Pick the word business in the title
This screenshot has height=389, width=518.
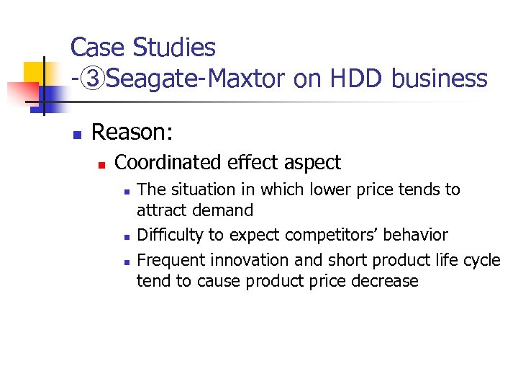click(x=440, y=79)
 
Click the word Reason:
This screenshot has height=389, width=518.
click(x=129, y=133)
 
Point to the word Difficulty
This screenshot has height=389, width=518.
click(x=171, y=236)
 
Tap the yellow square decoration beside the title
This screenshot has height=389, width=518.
click(x=35, y=72)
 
